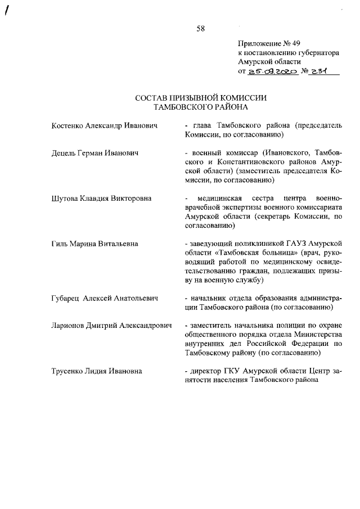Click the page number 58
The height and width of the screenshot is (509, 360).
click(x=200, y=29)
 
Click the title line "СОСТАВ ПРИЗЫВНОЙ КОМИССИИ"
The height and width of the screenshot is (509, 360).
click(x=201, y=98)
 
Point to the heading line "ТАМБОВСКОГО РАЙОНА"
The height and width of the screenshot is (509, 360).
click(x=201, y=106)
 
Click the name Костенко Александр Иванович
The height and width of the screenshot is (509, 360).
click(x=103, y=126)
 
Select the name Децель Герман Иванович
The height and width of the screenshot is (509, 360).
click(x=95, y=153)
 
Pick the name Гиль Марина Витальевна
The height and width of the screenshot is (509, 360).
click(x=94, y=244)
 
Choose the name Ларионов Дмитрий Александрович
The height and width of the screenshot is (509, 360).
click(x=111, y=326)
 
